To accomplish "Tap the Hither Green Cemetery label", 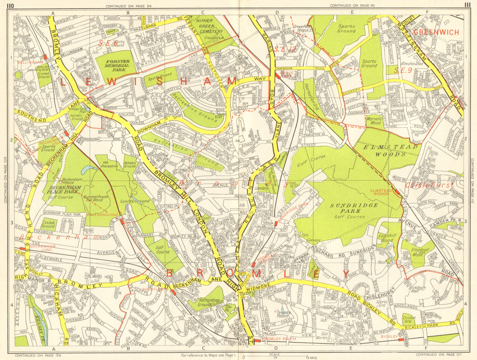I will tap(211, 26).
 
